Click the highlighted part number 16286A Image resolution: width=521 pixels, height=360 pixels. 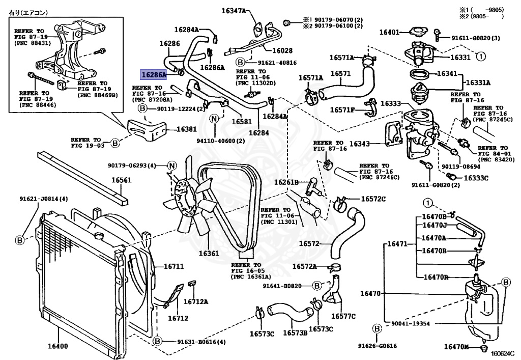point(154,74)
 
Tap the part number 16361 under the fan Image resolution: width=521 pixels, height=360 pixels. point(209,253)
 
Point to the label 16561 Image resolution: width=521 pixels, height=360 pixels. point(122,180)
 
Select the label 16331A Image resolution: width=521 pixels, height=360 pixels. point(479,82)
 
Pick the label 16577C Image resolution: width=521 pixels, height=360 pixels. point(343,316)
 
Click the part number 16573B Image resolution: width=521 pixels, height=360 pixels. point(295,333)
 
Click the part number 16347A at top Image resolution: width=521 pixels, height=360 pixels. point(234,10)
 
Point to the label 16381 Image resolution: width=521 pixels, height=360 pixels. point(186,129)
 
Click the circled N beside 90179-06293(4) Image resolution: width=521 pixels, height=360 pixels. point(171,165)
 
